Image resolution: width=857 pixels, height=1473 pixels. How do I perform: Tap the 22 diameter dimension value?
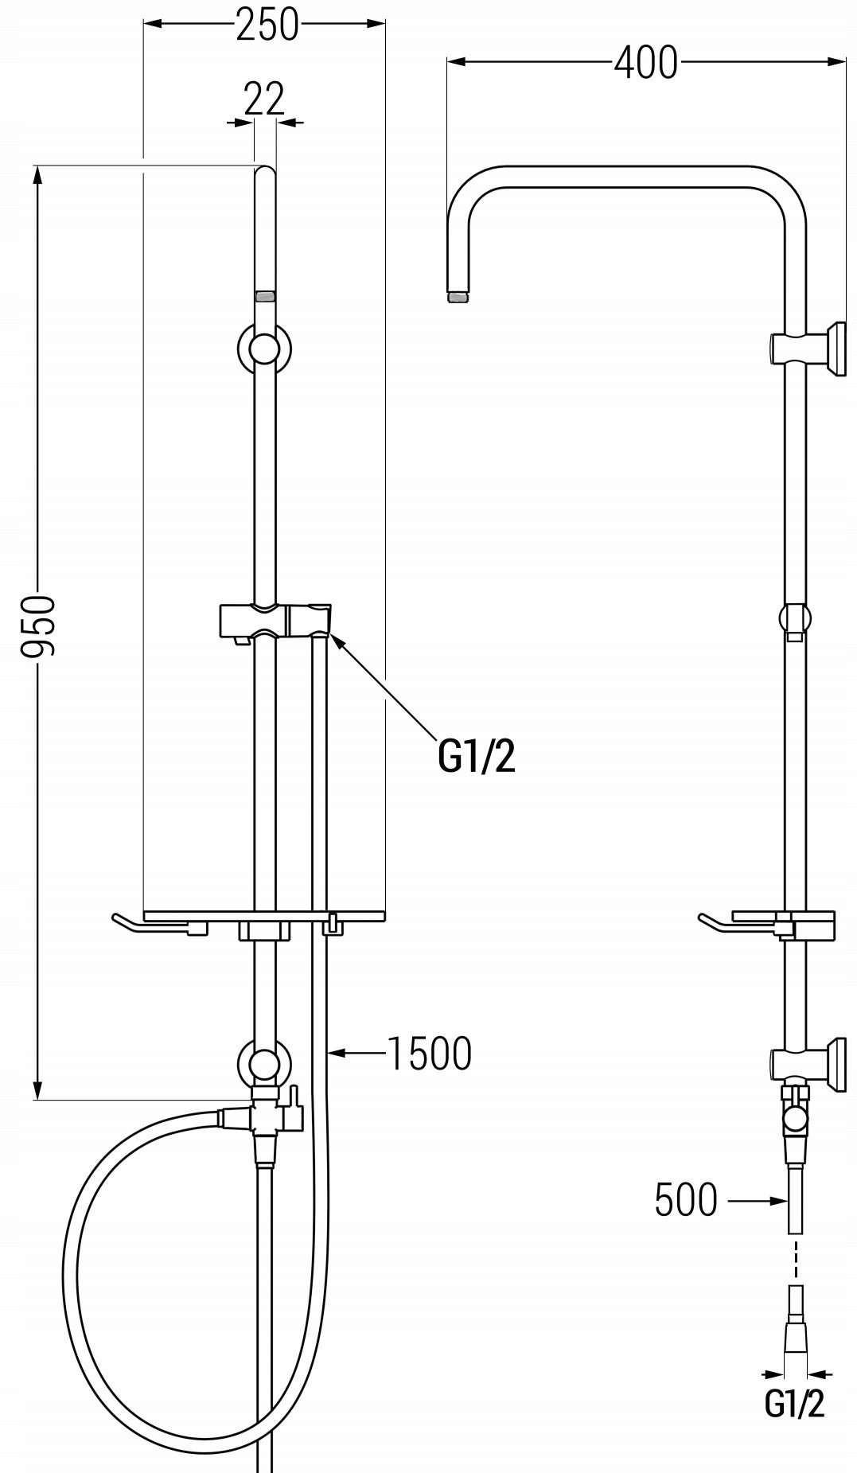(x=263, y=99)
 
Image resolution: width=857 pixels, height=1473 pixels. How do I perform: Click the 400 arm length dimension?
(x=645, y=62)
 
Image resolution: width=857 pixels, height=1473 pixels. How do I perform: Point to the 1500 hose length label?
(x=429, y=1054)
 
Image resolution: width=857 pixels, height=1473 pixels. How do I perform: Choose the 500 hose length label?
(x=686, y=1199)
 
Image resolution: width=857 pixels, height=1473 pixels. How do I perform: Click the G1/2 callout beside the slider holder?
(x=477, y=757)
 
